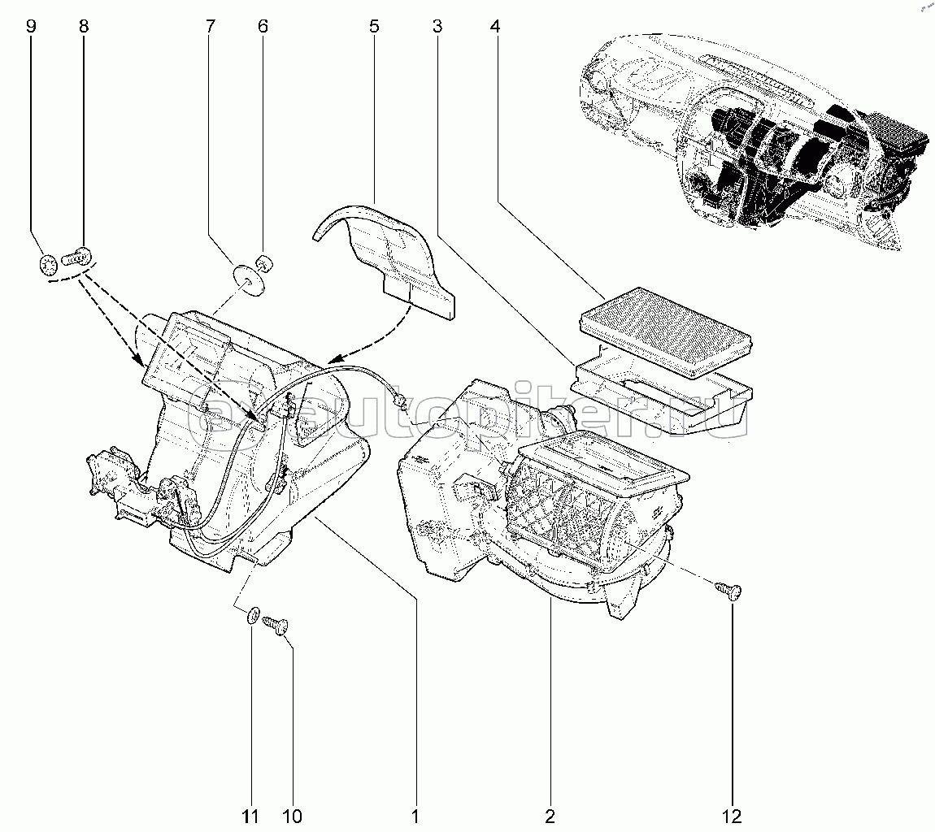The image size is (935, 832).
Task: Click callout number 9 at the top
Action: [x=31, y=26]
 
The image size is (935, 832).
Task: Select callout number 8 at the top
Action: [x=84, y=26]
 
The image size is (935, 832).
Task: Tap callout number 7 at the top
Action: [x=210, y=26]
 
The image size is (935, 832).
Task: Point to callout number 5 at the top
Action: [x=374, y=26]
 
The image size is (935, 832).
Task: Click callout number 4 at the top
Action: [x=495, y=26]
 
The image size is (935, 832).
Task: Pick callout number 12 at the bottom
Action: [x=733, y=815]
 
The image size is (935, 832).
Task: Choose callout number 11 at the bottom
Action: [x=250, y=815]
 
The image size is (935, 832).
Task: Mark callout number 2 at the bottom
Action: [x=550, y=815]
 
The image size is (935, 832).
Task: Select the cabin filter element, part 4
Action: [x=668, y=332]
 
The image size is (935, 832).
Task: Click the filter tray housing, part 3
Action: [x=662, y=390]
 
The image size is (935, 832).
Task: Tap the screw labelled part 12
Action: [x=728, y=591]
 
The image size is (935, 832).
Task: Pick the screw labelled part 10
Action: [x=276, y=626]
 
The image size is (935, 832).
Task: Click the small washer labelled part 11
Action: [x=254, y=615]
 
